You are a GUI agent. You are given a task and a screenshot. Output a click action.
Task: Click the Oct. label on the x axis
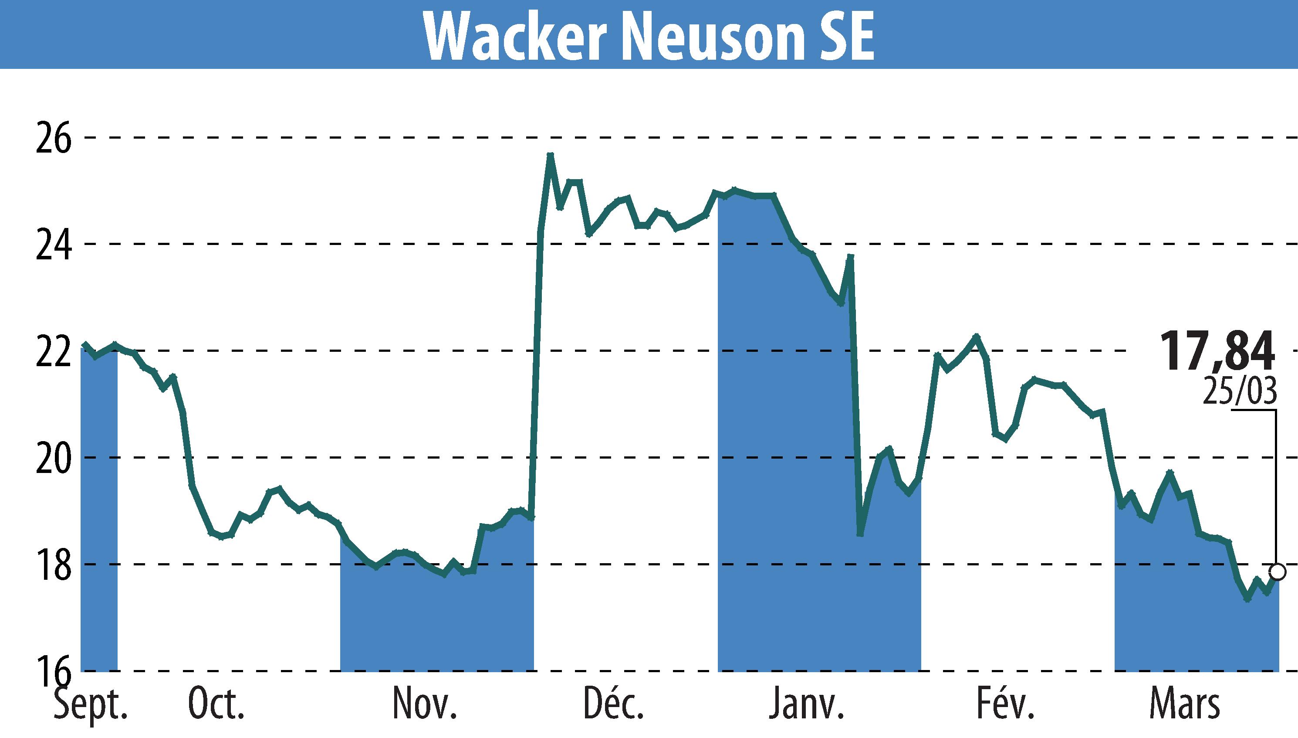[x=216, y=704]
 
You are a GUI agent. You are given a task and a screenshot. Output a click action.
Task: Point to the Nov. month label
[x=424, y=704]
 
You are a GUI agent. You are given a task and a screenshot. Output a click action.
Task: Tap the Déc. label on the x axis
[x=613, y=704]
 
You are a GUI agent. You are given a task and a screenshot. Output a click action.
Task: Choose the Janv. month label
[x=806, y=704]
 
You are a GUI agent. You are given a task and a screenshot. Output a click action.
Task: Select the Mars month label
[x=1184, y=704]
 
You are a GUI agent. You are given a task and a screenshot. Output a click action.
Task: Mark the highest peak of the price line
[x=551, y=155]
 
